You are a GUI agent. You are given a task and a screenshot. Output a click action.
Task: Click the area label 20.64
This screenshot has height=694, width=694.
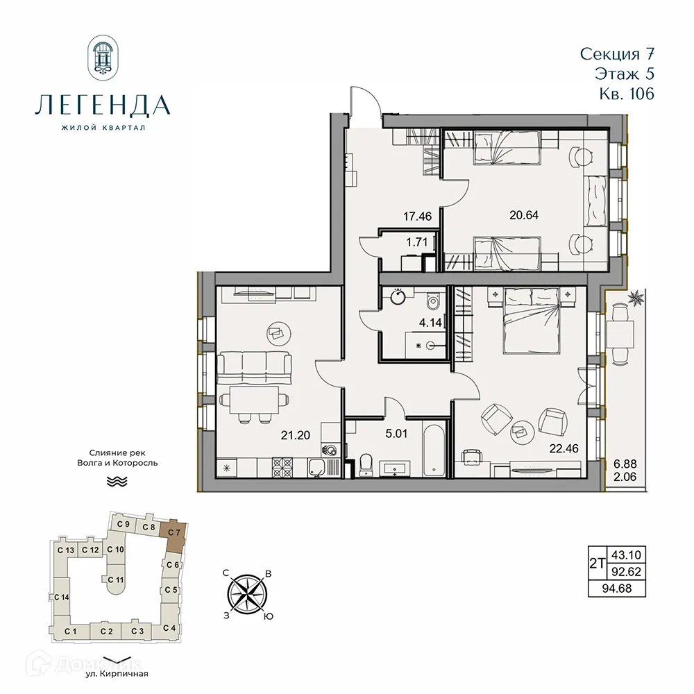pos(523,215)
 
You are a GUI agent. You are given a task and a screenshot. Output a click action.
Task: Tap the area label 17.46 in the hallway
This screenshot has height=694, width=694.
pos(417,217)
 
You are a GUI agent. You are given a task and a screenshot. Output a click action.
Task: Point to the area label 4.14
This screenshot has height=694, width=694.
pos(428,321)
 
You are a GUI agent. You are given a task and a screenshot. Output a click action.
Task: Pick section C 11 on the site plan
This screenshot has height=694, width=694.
pos(119,579)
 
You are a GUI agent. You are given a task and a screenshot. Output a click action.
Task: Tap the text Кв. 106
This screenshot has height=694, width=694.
pos(625,94)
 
